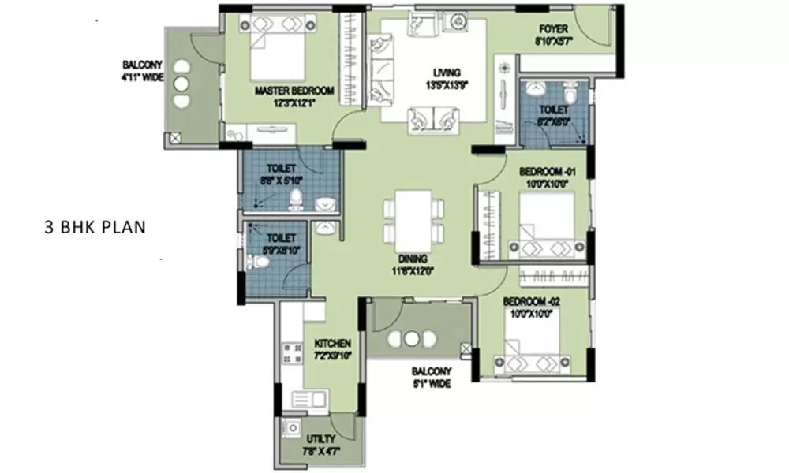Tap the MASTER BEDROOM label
click(294, 91)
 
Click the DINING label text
click(413, 258)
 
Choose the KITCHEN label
click(332, 345)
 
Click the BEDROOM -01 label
click(545, 172)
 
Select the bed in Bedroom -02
click(526, 351)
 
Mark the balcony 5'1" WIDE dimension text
click(430, 384)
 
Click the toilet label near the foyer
click(550, 110)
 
